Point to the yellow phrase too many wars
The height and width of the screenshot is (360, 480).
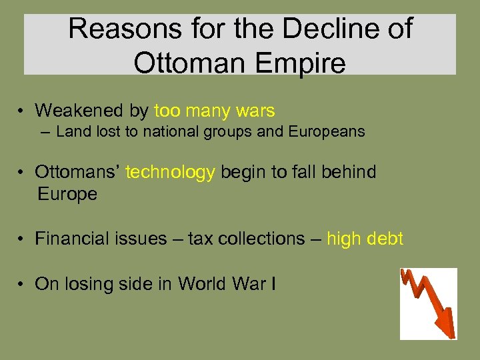(214, 110)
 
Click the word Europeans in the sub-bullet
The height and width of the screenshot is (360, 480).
(327, 131)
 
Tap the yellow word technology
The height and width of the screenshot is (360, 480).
(170, 172)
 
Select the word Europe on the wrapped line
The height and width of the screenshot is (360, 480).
(67, 194)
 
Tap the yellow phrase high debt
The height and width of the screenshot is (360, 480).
(365, 239)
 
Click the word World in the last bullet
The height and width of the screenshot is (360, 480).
(203, 284)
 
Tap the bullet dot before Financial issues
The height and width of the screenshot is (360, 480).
(22, 239)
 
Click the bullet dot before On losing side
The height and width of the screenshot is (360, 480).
(22, 285)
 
